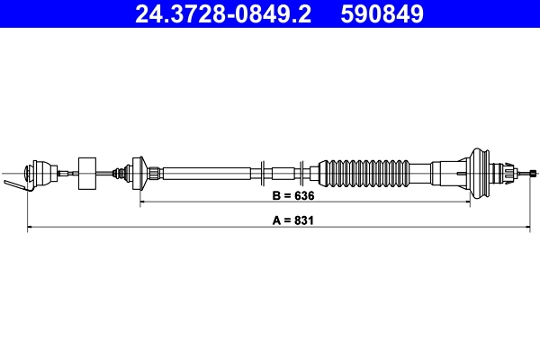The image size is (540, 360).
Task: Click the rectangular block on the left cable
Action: (x=88, y=172)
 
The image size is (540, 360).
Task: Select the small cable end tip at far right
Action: (x=535, y=171)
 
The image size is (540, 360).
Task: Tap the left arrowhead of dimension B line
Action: (x=143, y=205)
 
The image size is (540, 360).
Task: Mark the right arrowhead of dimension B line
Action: (x=467, y=205)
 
